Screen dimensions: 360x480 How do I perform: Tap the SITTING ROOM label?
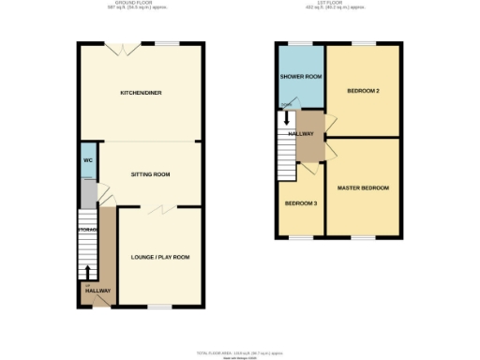(x=150, y=174)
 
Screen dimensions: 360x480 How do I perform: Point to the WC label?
(x=88, y=160)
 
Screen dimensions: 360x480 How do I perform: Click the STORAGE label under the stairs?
(x=88, y=228)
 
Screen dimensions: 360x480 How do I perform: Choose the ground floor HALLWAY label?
(x=97, y=291)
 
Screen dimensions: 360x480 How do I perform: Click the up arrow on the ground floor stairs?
(x=89, y=272)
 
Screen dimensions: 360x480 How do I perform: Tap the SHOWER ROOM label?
(x=300, y=77)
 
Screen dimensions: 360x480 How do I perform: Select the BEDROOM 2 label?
(x=362, y=91)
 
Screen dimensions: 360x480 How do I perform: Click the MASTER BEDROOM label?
(x=363, y=187)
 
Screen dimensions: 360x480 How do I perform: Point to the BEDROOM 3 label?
(x=300, y=203)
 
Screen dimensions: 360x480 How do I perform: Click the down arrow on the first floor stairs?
(x=287, y=120)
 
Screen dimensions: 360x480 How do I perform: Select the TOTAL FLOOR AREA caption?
(x=238, y=352)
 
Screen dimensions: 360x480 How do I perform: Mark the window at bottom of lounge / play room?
(x=160, y=307)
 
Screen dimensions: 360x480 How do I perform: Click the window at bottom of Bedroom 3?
(x=300, y=236)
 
